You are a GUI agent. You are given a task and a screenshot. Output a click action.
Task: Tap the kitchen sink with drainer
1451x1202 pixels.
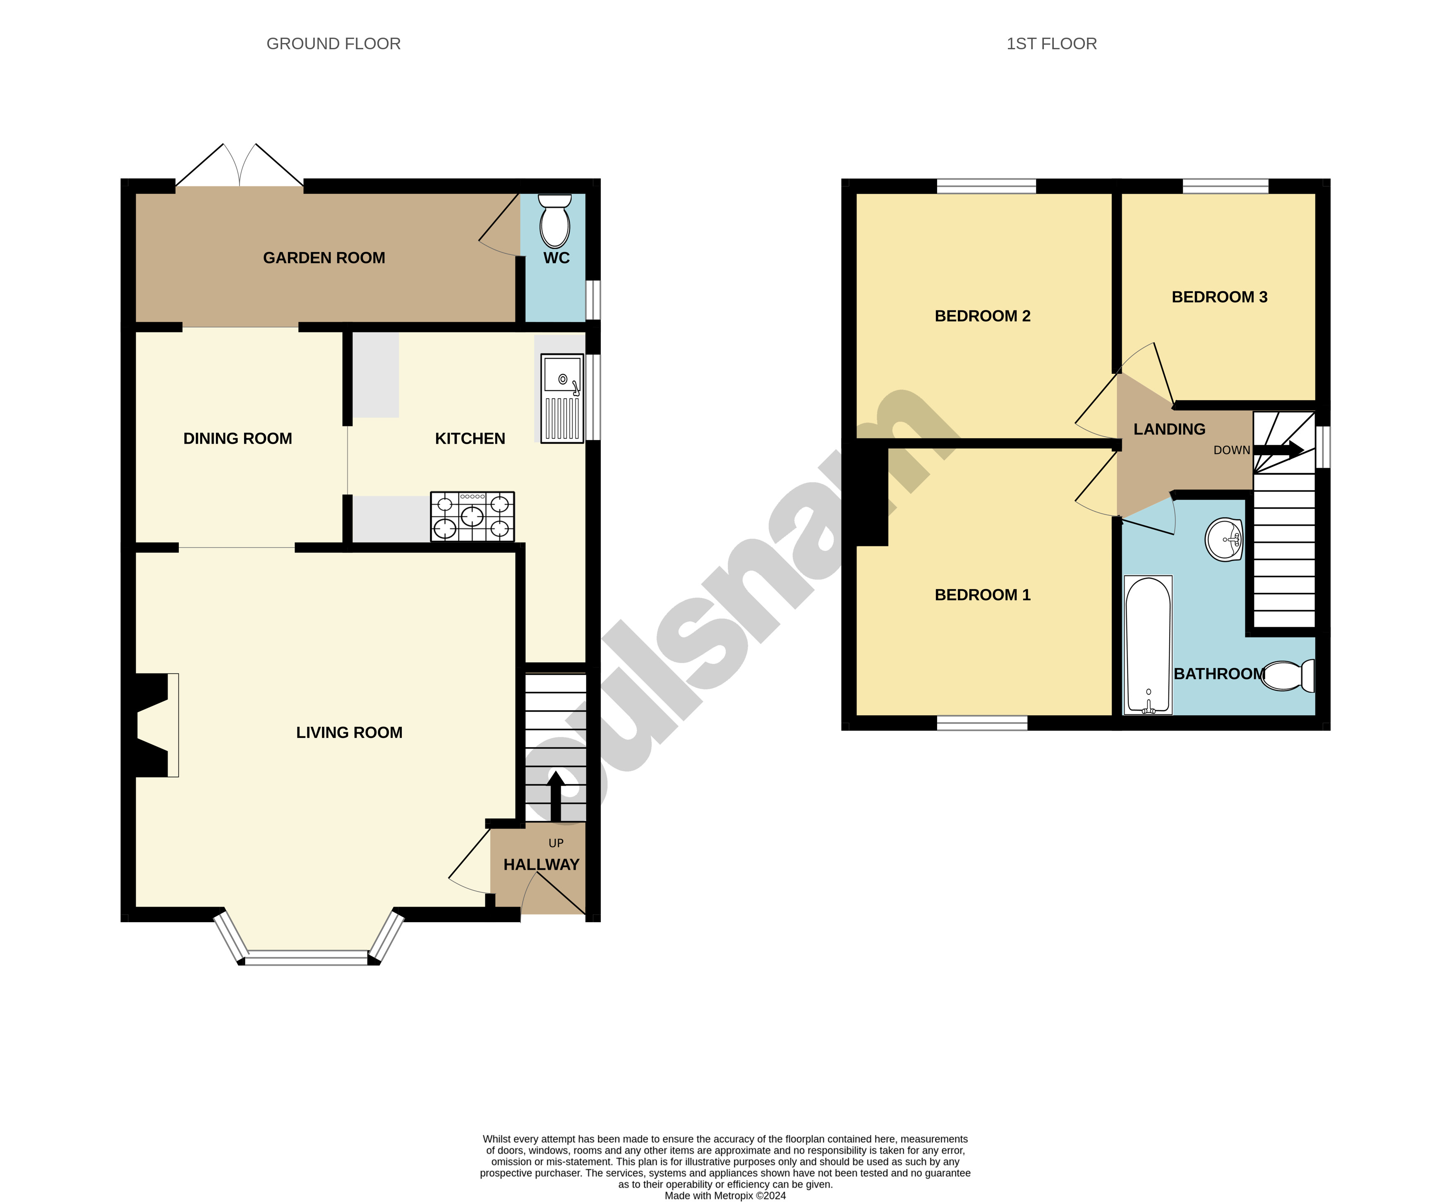click(562, 399)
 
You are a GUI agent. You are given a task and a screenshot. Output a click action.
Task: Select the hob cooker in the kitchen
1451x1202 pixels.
click(472, 516)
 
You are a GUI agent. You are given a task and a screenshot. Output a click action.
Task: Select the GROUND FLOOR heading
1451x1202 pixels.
click(333, 43)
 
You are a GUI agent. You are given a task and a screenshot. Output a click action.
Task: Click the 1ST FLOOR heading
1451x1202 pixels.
click(1051, 43)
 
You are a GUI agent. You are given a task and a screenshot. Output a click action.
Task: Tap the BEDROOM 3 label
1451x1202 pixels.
click(1219, 297)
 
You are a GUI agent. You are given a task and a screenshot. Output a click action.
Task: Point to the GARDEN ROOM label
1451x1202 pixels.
click(324, 258)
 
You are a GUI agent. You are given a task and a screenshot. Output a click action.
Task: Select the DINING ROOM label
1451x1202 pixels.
click(237, 438)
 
